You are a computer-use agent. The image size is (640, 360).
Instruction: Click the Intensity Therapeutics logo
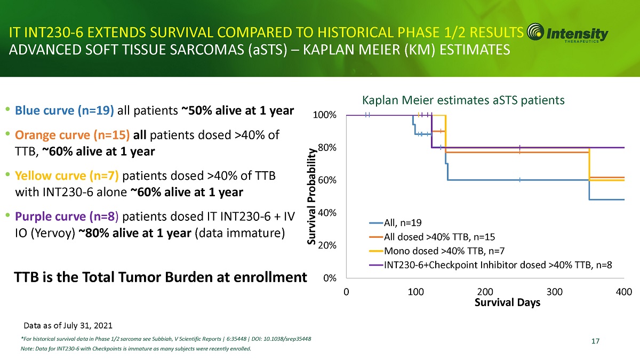(x=567, y=35)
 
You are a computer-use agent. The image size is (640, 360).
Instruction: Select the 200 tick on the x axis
(x=485, y=292)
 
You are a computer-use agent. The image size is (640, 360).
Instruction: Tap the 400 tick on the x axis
(x=623, y=292)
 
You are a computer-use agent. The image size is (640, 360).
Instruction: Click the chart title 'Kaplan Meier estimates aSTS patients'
(x=463, y=100)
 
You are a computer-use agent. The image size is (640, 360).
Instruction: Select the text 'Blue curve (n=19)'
(x=65, y=111)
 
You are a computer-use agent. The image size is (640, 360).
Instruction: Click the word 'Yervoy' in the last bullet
(x=57, y=234)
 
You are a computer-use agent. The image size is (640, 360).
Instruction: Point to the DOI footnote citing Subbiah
(x=166, y=339)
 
